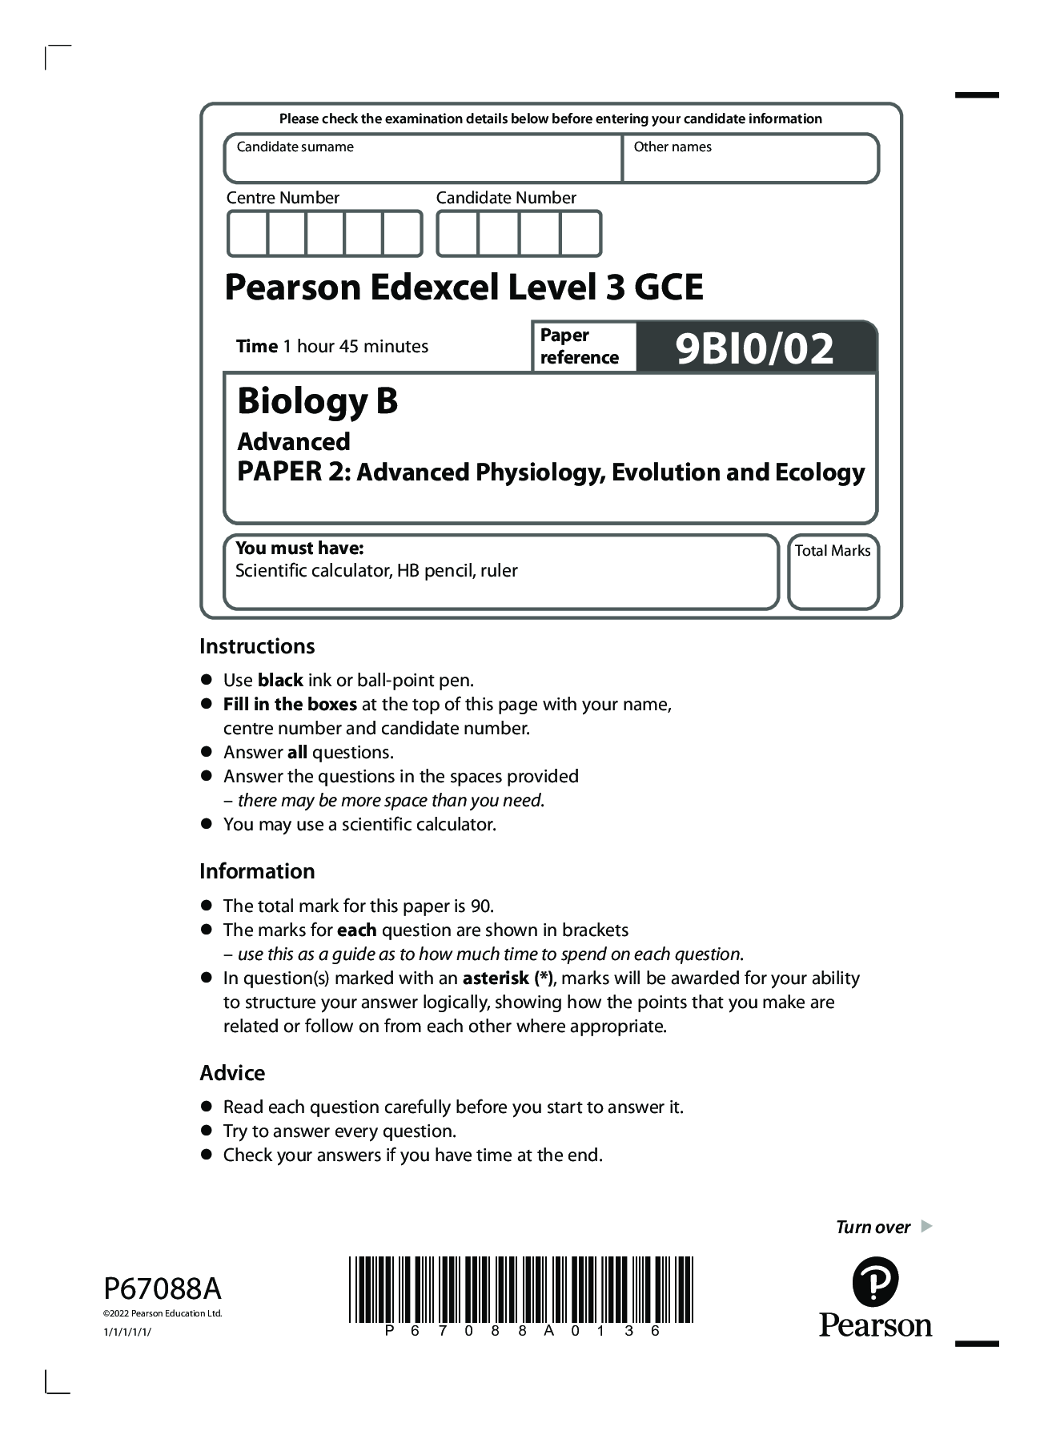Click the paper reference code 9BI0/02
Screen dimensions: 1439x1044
(x=754, y=348)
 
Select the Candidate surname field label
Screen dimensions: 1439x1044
(x=295, y=147)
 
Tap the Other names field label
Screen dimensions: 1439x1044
(x=672, y=147)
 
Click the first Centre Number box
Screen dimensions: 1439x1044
(x=247, y=234)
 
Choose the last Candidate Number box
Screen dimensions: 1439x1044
(x=580, y=234)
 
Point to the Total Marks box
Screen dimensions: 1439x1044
(x=833, y=572)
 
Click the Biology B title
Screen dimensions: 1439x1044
(x=317, y=401)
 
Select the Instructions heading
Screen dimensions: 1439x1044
(x=257, y=646)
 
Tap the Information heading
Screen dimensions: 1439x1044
(x=257, y=871)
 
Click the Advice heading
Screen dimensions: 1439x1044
(x=232, y=1073)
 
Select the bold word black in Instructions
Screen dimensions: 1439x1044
(x=279, y=680)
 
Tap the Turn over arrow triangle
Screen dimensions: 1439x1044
(x=926, y=1226)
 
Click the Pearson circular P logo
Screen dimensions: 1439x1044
(x=875, y=1281)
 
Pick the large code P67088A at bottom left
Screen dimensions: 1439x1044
(x=163, y=1289)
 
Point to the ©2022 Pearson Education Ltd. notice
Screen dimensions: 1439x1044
(x=163, y=1313)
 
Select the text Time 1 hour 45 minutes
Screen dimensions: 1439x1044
(x=331, y=347)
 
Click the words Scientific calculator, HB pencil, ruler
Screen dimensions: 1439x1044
(x=376, y=571)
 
